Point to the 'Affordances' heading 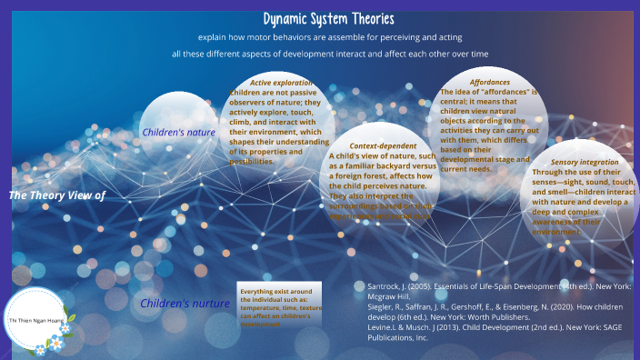coord(489,83)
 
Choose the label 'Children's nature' coord(178,133)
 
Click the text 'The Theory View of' coord(57,195)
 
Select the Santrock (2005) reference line coord(499,290)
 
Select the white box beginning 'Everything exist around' coord(280,307)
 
